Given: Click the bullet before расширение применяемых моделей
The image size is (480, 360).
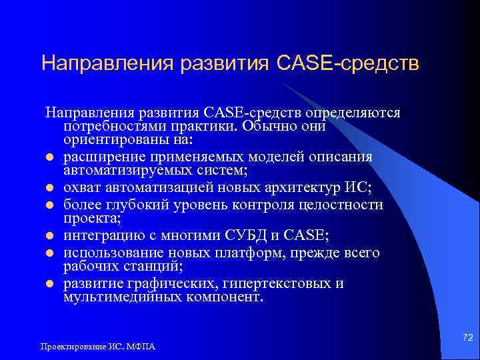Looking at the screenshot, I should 49,157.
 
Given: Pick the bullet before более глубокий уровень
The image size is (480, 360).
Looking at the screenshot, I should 49,205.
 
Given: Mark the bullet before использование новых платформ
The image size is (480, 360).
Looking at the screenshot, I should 49,253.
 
